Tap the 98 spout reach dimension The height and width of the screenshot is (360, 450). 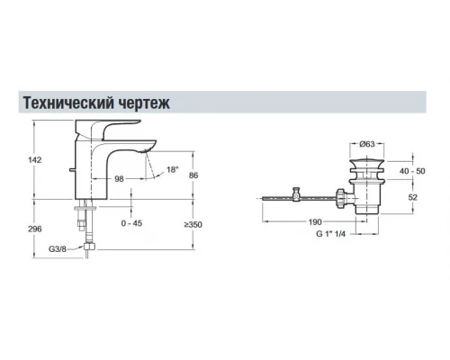118,179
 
